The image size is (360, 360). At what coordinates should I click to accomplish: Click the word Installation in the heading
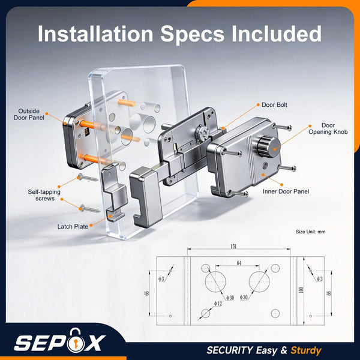tap(95, 34)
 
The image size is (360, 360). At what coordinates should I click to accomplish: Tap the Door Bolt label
tap(274, 105)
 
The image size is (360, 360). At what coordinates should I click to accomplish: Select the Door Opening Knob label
tap(328, 128)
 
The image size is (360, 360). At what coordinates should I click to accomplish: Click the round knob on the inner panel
tap(269, 146)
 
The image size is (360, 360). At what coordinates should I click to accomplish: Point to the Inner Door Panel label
tap(286, 191)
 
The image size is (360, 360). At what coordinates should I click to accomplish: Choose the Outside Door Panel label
tap(29, 115)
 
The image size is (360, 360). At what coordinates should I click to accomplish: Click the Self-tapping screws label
tap(44, 195)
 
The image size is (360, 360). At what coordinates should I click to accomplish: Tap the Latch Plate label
tap(73, 227)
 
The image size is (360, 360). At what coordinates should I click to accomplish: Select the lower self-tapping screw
tap(89, 209)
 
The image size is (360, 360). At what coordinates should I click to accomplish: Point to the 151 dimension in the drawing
tap(233, 247)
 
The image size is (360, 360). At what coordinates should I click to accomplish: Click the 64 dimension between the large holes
tap(239, 263)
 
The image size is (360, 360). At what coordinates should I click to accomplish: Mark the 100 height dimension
tap(301, 290)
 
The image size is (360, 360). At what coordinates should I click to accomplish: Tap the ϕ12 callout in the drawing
tap(218, 304)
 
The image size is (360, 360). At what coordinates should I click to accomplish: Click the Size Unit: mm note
tap(310, 232)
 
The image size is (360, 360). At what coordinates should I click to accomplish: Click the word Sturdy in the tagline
tap(306, 350)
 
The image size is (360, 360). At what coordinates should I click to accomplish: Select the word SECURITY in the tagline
tap(230, 350)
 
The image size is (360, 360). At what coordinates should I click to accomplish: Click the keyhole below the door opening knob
tap(265, 165)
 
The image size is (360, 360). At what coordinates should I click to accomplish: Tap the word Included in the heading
tap(277, 34)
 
